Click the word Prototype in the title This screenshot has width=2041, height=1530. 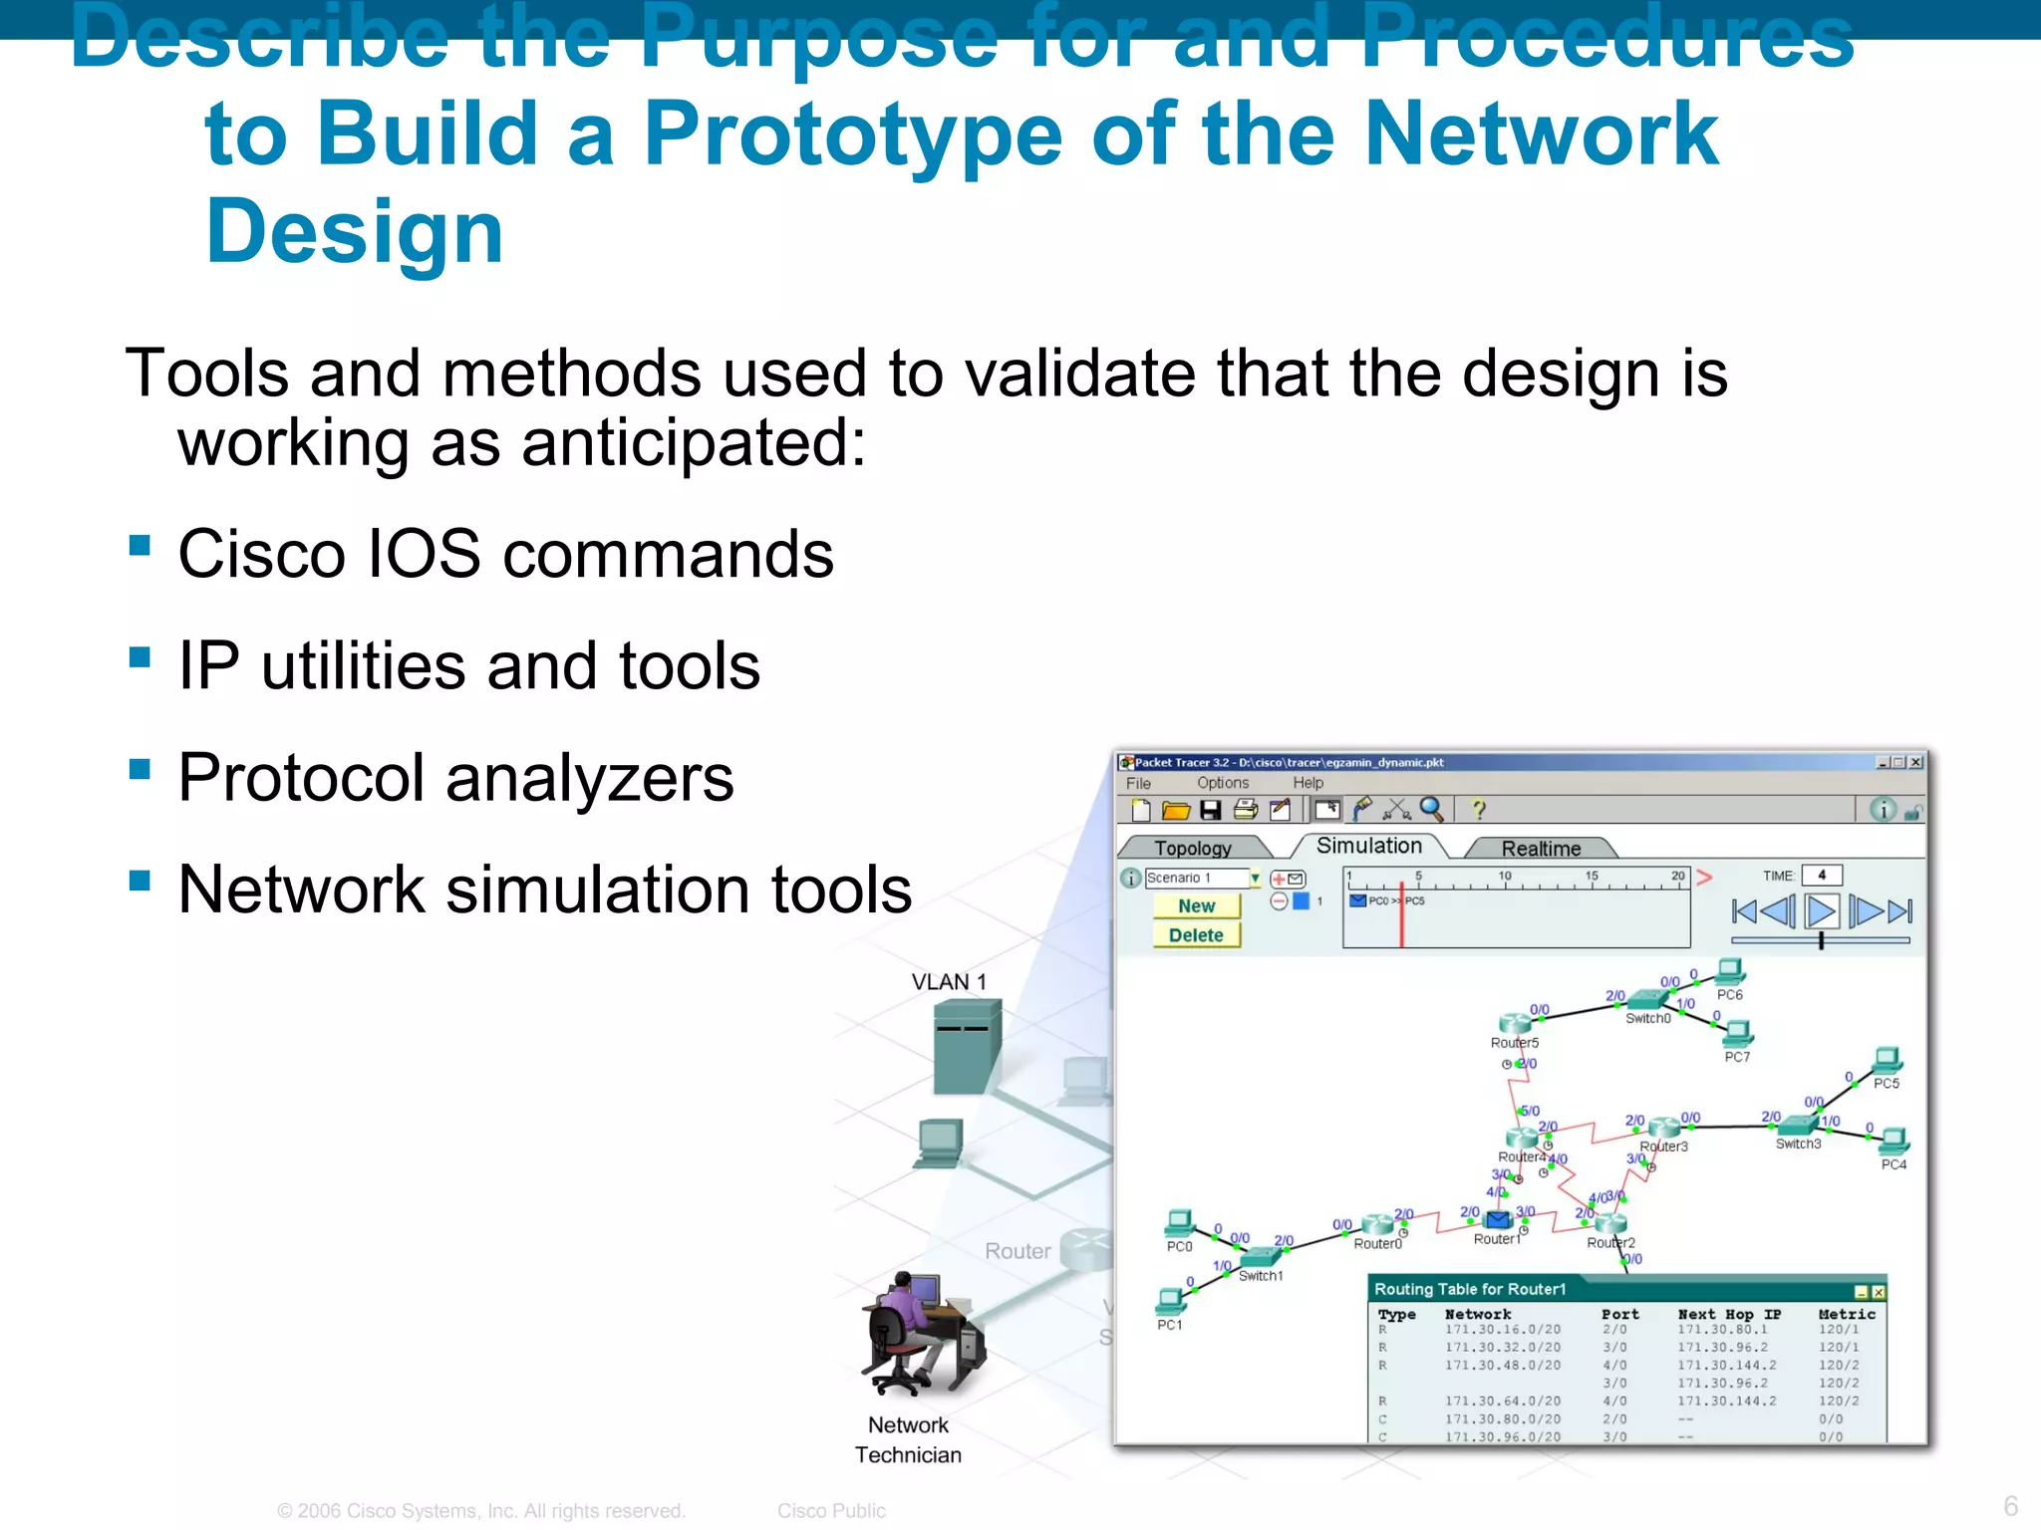click(x=852, y=134)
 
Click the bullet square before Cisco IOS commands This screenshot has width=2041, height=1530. click(x=140, y=545)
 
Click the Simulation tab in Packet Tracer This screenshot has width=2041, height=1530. click(x=1368, y=846)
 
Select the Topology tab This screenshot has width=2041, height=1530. click(x=1192, y=848)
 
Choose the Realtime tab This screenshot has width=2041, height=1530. click(x=1540, y=848)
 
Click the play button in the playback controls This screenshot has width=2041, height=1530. click(x=1821, y=910)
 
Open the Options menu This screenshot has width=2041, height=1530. click(x=1222, y=783)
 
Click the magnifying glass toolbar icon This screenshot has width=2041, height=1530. click(x=1431, y=809)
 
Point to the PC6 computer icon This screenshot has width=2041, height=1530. click(x=1730, y=970)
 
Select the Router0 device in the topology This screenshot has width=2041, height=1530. click(x=1377, y=1224)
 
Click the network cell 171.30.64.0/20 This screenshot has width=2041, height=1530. click(x=1502, y=1401)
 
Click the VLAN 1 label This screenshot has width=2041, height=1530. click(x=948, y=982)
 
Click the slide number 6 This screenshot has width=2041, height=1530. click(x=2010, y=1505)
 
